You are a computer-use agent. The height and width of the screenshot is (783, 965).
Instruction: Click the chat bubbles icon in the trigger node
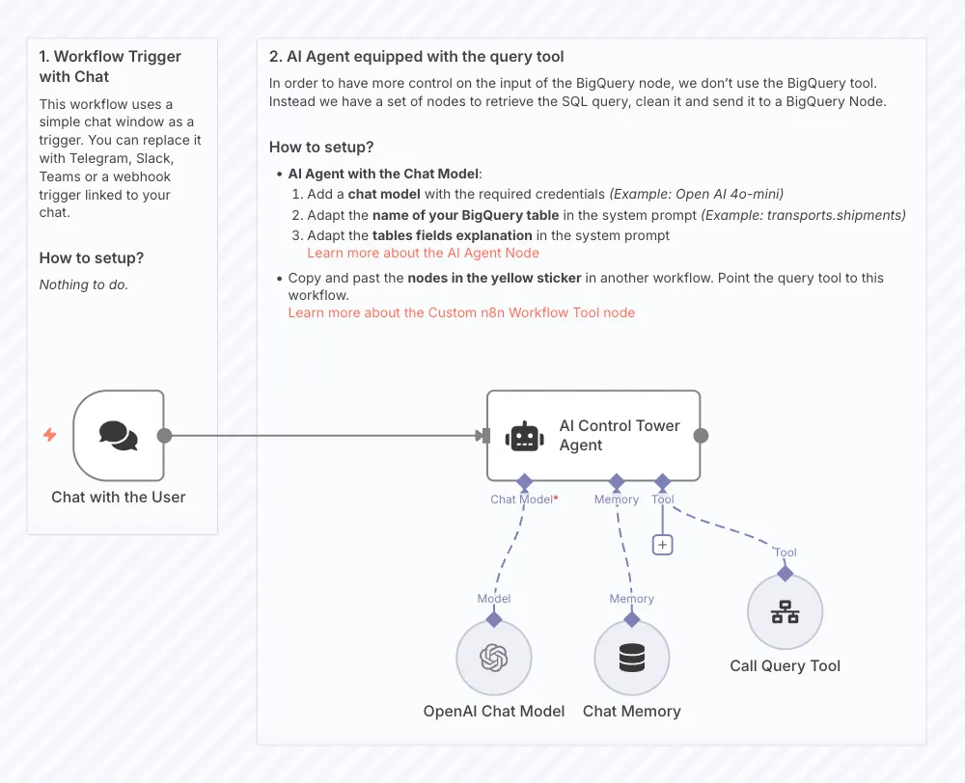tap(119, 436)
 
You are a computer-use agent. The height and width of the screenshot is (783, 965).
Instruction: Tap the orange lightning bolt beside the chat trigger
tap(49, 435)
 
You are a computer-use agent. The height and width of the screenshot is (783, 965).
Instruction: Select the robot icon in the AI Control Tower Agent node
tap(525, 436)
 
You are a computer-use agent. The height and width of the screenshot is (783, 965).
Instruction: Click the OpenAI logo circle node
tap(494, 658)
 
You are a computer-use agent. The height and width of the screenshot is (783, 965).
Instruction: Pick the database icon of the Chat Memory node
tap(632, 658)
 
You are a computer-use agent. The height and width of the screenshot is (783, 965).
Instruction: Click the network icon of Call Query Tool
tap(786, 612)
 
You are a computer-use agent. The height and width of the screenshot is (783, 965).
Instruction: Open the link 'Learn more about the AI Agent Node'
tap(423, 253)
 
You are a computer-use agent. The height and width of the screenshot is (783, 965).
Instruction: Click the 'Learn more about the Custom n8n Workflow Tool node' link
tap(461, 312)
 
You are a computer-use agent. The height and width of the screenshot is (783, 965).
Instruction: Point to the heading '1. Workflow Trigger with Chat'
tap(110, 67)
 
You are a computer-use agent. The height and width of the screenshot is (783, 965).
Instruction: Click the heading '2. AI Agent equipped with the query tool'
tap(417, 57)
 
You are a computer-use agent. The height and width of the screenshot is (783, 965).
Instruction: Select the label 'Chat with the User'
tap(119, 498)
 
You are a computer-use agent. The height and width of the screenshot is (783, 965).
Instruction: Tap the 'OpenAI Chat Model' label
tap(494, 712)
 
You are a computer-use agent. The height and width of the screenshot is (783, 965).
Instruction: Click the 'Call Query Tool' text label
tap(786, 666)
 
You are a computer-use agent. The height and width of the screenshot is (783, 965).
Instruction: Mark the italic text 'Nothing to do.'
tap(84, 284)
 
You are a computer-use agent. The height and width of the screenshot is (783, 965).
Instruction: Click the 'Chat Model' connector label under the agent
tap(522, 499)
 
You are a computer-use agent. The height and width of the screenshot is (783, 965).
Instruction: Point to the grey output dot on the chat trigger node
tap(164, 436)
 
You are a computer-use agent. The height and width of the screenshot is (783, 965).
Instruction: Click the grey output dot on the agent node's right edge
tap(701, 436)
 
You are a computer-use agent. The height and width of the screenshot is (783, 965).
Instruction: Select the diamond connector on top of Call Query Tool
tap(786, 574)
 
